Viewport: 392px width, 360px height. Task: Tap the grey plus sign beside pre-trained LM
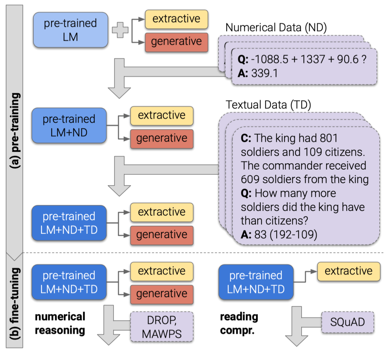pyautogui.click(x=120, y=30)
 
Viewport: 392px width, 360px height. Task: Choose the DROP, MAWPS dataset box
pyautogui.click(x=162, y=327)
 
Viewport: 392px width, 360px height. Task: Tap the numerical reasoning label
pyautogui.click(x=60, y=323)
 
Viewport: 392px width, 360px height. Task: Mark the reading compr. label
pyautogui.click(x=239, y=323)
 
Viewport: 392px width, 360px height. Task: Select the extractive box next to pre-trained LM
pyautogui.click(x=176, y=19)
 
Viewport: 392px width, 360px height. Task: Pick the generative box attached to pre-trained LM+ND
pyautogui.click(x=162, y=138)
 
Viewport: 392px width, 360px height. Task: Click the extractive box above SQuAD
pyautogui.click(x=348, y=271)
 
